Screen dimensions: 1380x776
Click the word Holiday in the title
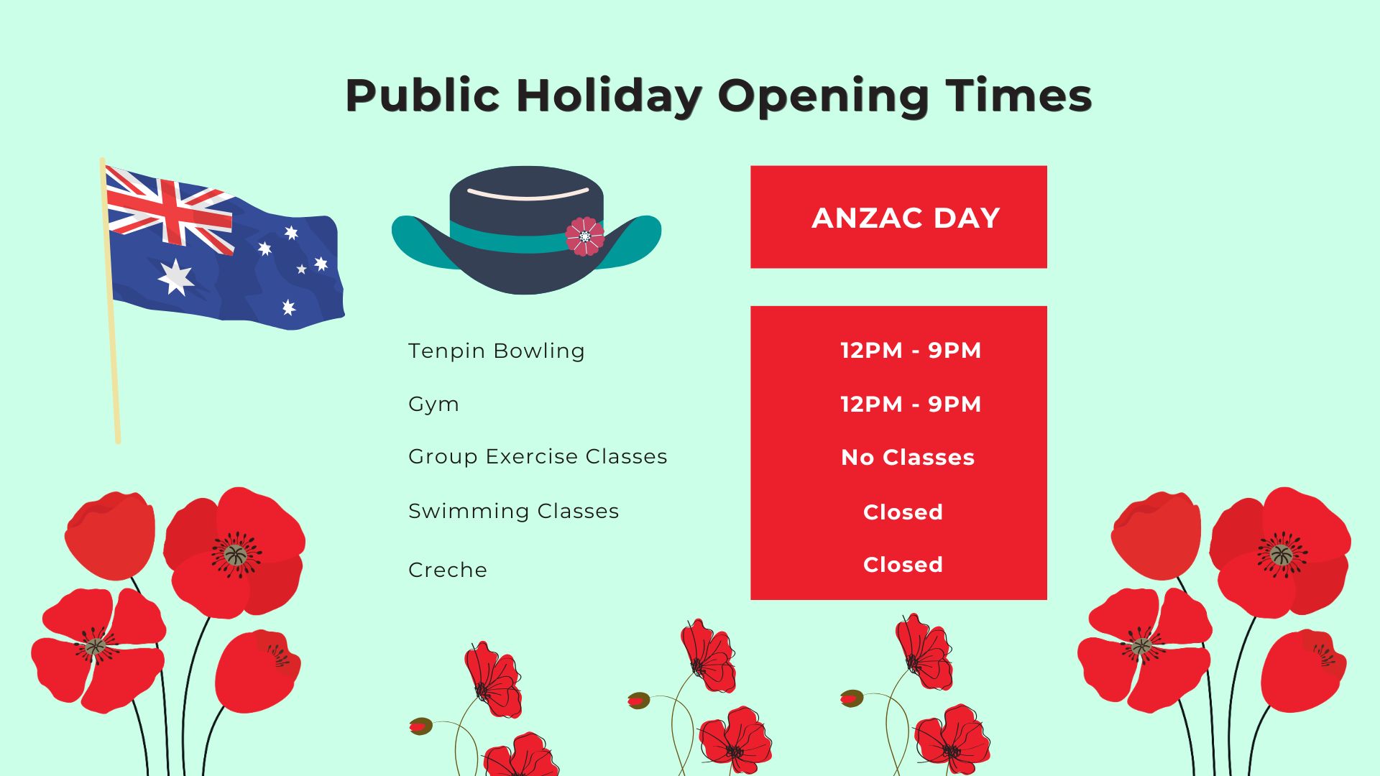(x=609, y=96)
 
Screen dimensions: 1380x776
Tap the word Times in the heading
(x=1018, y=96)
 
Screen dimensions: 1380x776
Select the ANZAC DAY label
(x=906, y=218)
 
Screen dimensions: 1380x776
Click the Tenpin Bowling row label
(x=496, y=351)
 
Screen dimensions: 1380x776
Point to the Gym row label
(x=433, y=405)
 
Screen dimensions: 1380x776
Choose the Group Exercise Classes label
(x=538, y=457)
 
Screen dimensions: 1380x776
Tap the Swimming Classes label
(x=513, y=512)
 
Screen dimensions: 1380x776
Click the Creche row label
(x=448, y=570)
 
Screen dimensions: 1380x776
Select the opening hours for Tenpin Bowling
(x=911, y=351)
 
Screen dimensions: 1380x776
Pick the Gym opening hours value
(x=911, y=405)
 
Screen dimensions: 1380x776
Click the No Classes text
(x=908, y=458)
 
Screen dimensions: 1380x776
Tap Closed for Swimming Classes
(x=903, y=512)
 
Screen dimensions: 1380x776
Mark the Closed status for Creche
(x=903, y=565)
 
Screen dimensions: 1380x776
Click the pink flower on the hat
(x=585, y=236)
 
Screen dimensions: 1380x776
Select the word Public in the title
(x=423, y=96)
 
